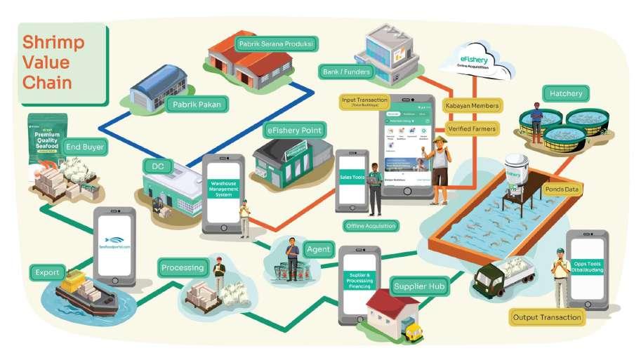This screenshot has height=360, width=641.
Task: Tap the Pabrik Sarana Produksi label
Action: [x=275, y=44]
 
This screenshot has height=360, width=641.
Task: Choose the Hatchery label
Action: [x=567, y=94]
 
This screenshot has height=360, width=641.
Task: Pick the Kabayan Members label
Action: [x=473, y=106]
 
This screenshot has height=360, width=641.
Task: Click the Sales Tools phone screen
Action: [x=352, y=179]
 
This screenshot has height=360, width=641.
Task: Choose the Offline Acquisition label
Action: [x=371, y=226]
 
